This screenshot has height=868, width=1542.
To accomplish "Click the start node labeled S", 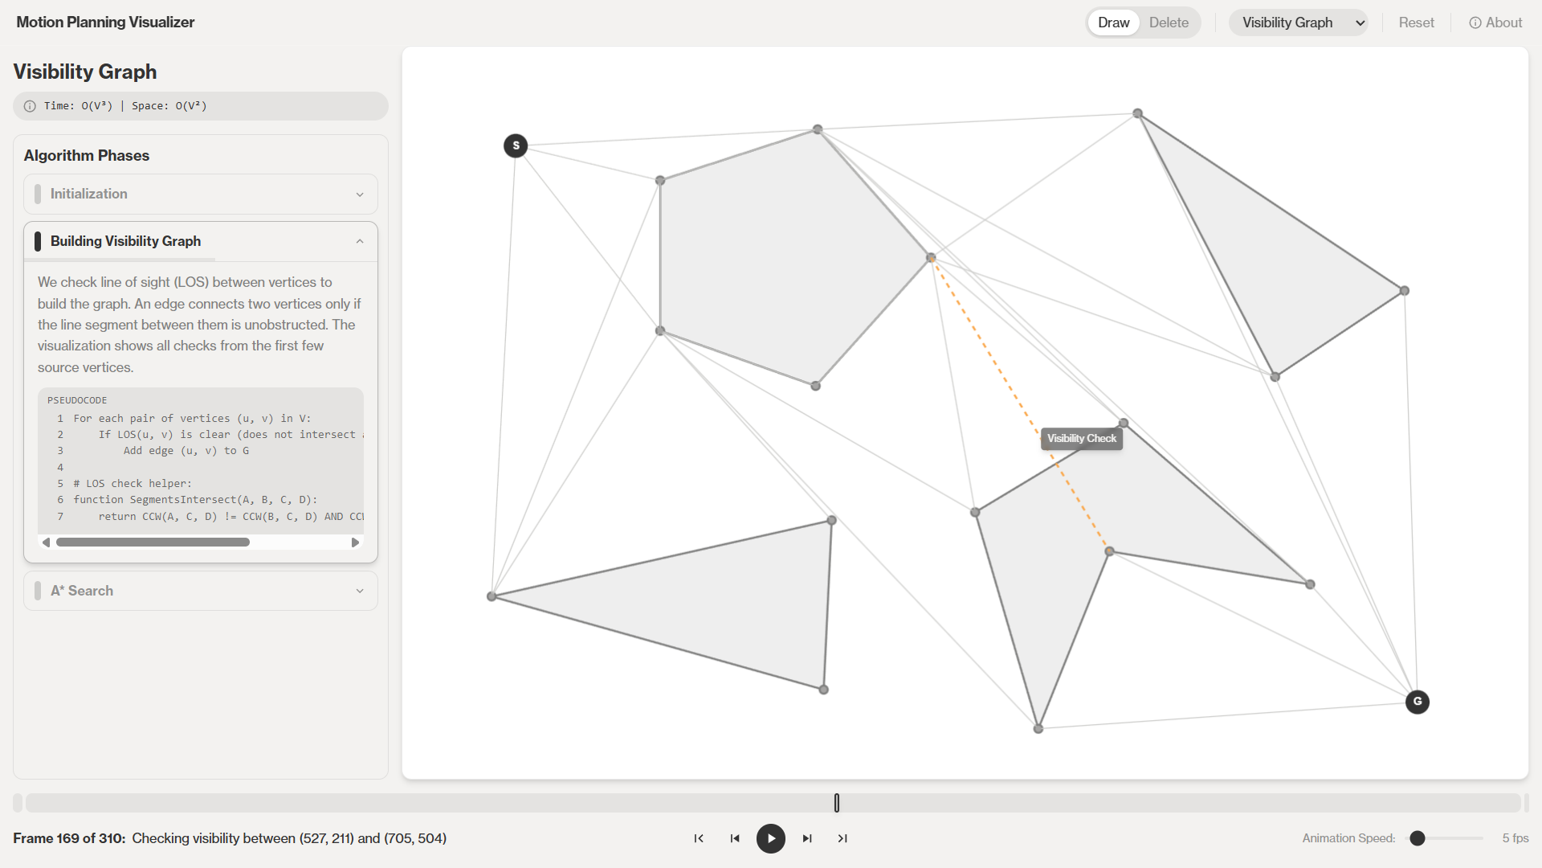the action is click(516, 145).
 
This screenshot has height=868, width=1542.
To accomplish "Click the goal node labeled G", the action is click(1418, 702).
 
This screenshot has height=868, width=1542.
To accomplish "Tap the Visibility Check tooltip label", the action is click(1082, 438).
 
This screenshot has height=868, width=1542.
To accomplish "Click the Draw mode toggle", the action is click(1113, 23).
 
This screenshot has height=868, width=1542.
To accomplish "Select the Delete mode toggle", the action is click(1169, 23).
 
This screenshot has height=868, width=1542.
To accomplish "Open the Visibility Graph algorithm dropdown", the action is click(1299, 23).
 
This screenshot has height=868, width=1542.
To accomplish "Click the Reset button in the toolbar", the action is click(1416, 23).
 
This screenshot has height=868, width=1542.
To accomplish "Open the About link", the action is click(1495, 23).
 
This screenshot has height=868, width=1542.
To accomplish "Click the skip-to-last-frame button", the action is click(842, 838).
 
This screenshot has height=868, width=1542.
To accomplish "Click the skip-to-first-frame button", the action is click(699, 838).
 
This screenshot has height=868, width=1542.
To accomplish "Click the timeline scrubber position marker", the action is click(837, 803).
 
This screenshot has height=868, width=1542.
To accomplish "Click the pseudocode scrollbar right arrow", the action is click(355, 542).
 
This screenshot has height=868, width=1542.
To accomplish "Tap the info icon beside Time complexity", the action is click(30, 106).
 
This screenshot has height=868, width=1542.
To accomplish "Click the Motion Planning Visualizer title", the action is click(105, 23).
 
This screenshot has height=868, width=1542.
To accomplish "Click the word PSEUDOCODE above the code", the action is click(77, 400).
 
